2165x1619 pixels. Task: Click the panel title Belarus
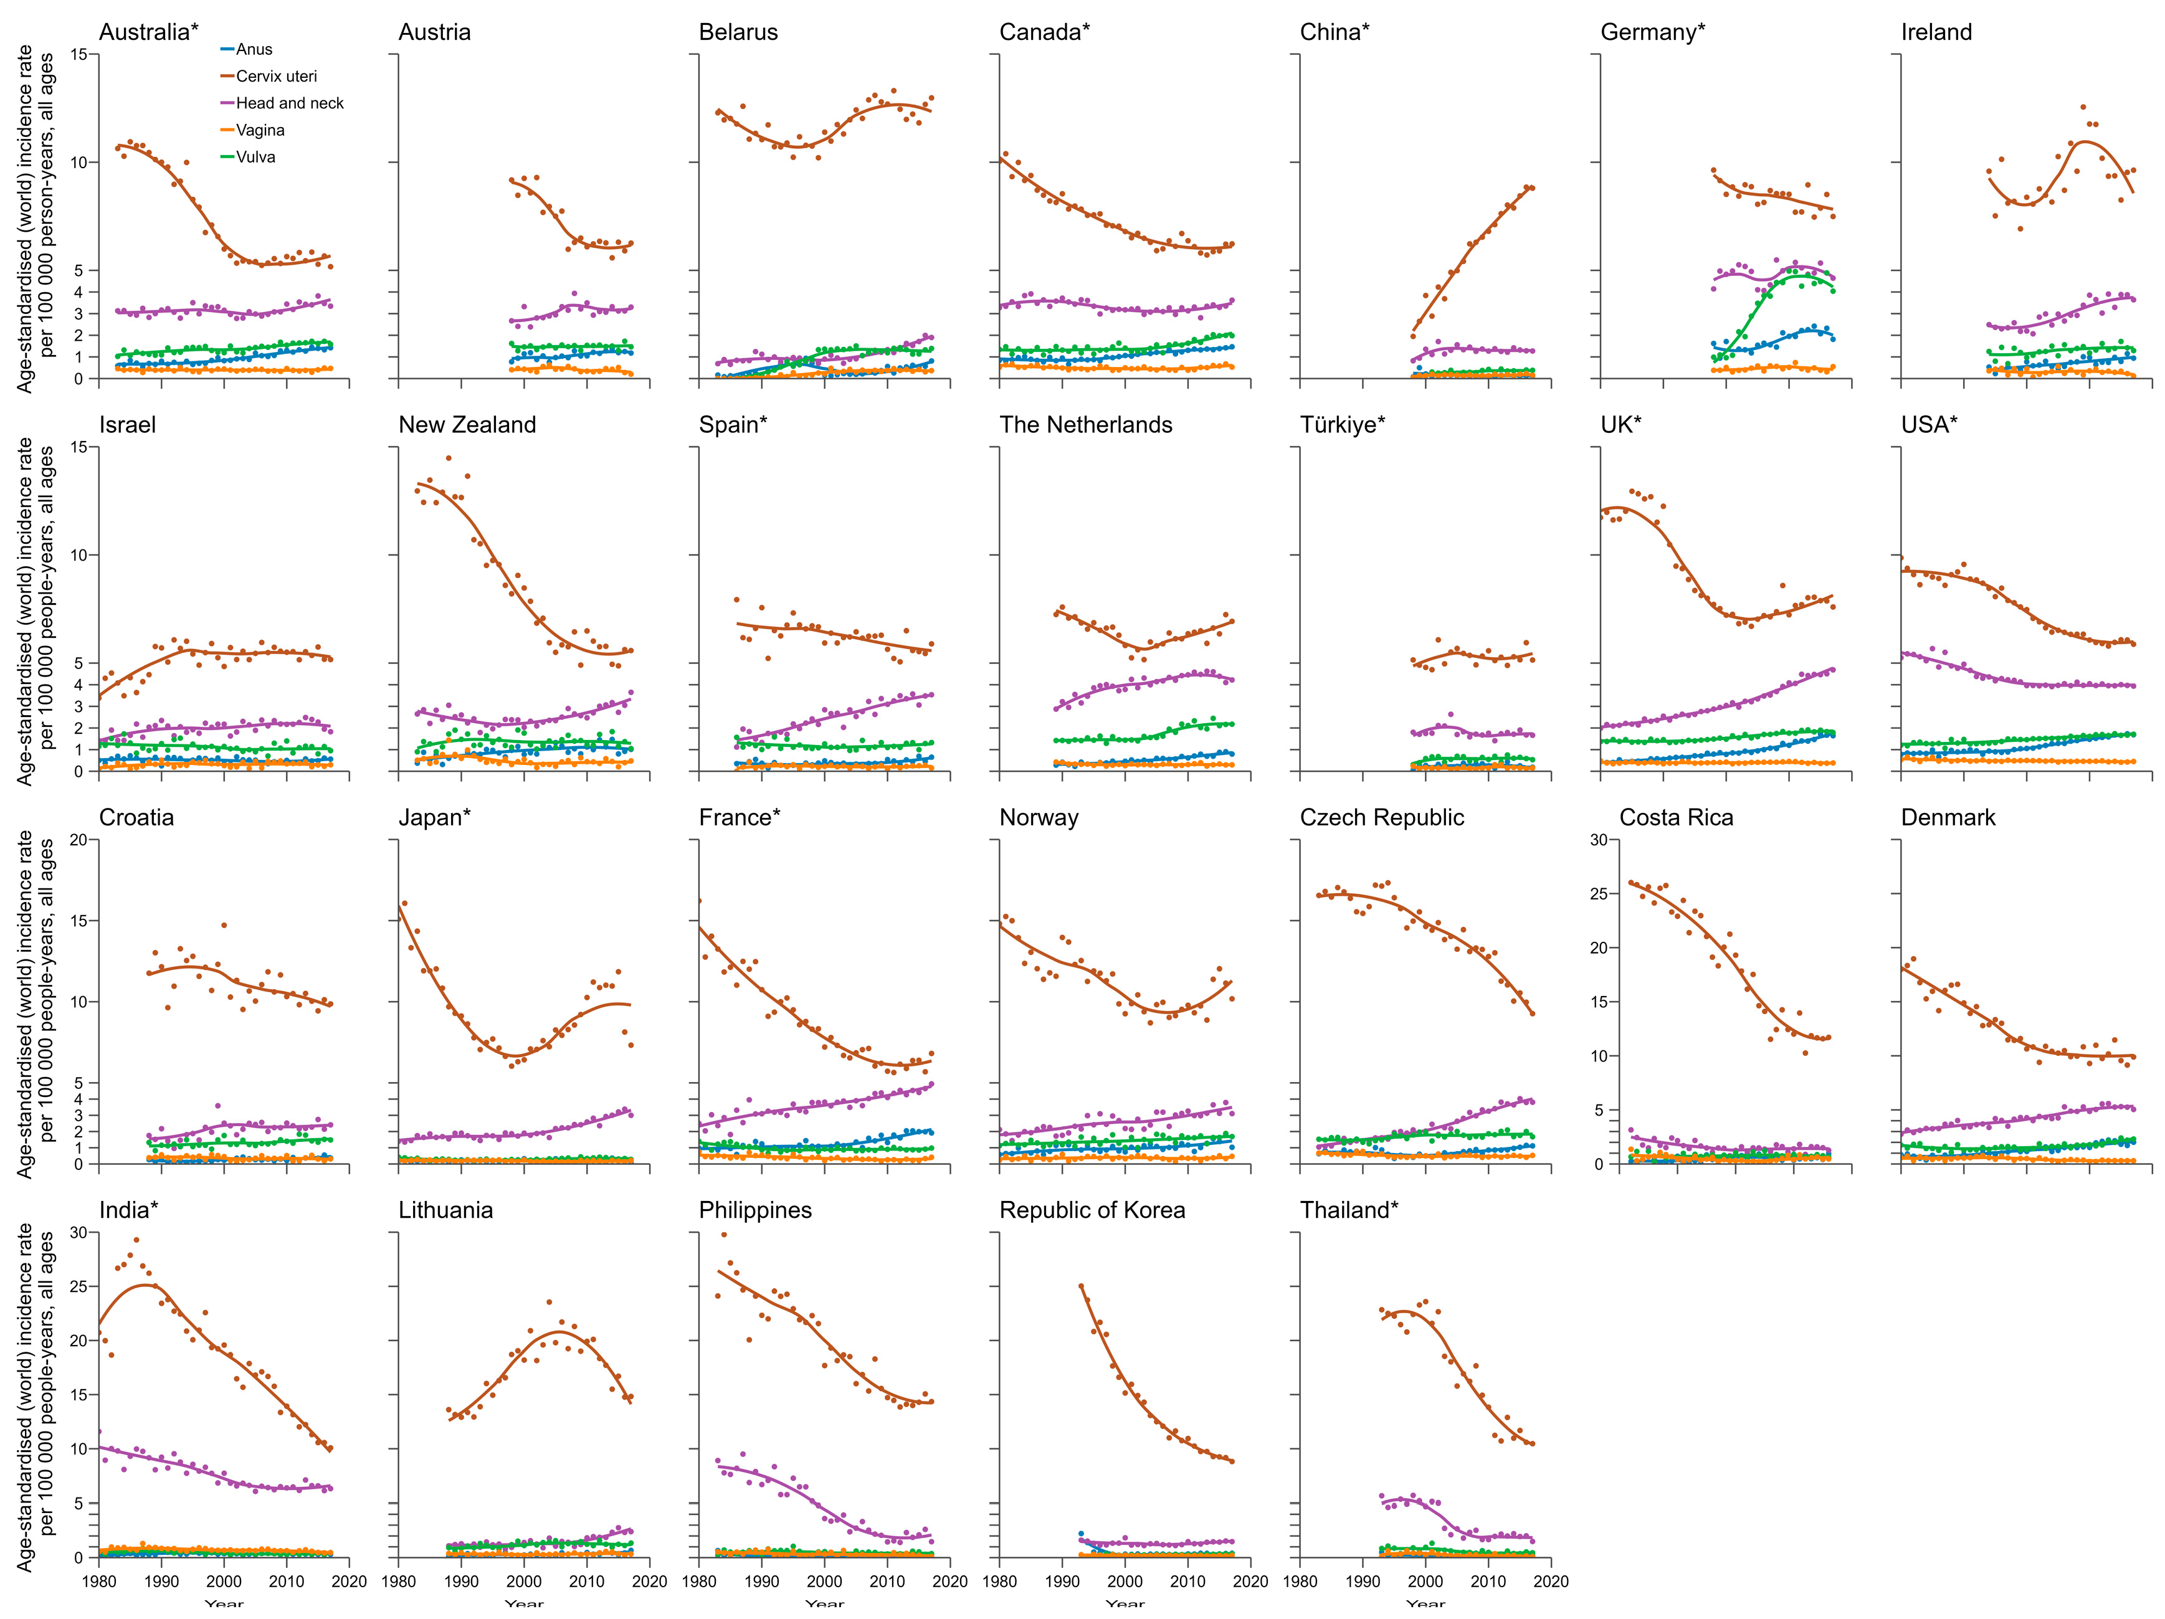[x=738, y=32]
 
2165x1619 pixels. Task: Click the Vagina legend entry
[x=259, y=130]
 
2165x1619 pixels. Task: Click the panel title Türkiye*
[x=1342, y=425]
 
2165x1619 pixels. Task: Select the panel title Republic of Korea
[x=1092, y=1211]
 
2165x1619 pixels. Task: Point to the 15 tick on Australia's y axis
[x=79, y=55]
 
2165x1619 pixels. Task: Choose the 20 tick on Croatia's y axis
[x=79, y=840]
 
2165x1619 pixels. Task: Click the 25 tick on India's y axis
[x=79, y=1287]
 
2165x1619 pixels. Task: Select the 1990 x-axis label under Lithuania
[x=461, y=1581]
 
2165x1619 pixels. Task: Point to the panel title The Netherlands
[x=1085, y=425]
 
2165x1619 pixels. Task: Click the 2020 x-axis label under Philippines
[x=950, y=1581]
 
